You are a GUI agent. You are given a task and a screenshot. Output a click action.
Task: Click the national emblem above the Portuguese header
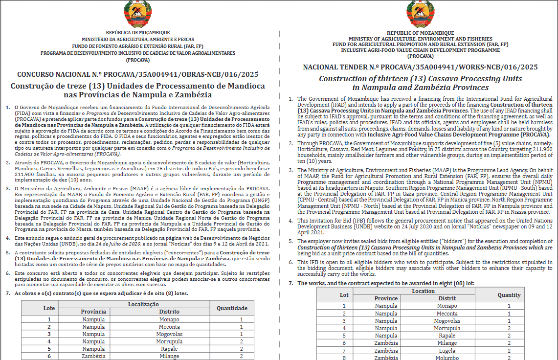(137, 15)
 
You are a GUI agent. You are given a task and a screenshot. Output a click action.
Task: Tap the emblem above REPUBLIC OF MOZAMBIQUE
(420, 14)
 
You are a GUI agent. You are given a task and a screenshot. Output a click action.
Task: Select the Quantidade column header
(232, 308)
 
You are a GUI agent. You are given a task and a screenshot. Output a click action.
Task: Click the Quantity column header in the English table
(509, 295)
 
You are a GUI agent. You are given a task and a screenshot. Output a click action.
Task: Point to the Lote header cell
(49, 308)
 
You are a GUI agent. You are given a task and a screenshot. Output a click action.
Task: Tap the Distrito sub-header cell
(169, 312)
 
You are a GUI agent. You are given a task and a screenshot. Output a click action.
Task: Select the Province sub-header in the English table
(386, 298)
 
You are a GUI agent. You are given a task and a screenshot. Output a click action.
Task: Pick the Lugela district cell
(447, 351)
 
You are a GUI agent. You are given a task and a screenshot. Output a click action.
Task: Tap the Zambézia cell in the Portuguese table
(93, 357)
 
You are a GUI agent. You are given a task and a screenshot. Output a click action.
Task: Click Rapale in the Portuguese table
(169, 349)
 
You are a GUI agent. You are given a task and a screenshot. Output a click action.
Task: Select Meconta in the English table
(447, 314)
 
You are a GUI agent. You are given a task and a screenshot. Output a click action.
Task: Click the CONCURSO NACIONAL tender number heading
(138, 75)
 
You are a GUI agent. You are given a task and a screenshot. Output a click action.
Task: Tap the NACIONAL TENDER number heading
(420, 67)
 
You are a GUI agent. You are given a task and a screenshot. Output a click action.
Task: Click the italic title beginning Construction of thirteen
(420, 83)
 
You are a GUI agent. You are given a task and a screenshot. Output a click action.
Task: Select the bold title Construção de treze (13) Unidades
(138, 90)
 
